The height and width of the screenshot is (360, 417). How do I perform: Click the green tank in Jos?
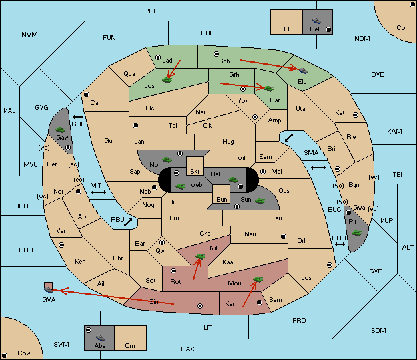(x=167, y=79)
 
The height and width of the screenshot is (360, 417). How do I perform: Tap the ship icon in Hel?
(x=316, y=21)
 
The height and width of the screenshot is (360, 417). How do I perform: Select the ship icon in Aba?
(x=101, y=338)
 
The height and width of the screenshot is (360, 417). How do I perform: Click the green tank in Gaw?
(x=61, y=129)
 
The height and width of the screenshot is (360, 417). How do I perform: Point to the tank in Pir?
(x=356, y=233)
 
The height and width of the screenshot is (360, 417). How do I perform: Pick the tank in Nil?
(x=200, y=256)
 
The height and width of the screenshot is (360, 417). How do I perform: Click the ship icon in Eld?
(x=303, y=70)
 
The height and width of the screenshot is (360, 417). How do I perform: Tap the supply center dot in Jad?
(x=158, y=57)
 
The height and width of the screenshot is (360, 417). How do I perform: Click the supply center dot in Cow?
(x=5, y=355)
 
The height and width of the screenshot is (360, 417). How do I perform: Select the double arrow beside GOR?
(x=77, y=117)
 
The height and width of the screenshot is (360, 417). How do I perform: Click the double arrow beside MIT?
(x=99, y=192)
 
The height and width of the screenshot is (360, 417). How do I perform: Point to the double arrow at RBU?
(x=128, y=222)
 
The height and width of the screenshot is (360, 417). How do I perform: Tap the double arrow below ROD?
(x=340, y=244)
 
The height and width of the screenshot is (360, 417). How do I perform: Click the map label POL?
(x=151, y=11)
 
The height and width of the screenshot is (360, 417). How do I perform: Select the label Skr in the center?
(x=195, y=172)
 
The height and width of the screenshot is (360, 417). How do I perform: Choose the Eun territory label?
(x=222, y=199)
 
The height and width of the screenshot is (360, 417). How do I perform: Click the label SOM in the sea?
(x=378, y=330)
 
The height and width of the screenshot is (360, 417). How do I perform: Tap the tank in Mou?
(x=258, y=279)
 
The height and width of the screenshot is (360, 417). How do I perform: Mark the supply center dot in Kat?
(x=356, y=115)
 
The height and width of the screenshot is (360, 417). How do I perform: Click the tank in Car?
(x=268, y=89)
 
